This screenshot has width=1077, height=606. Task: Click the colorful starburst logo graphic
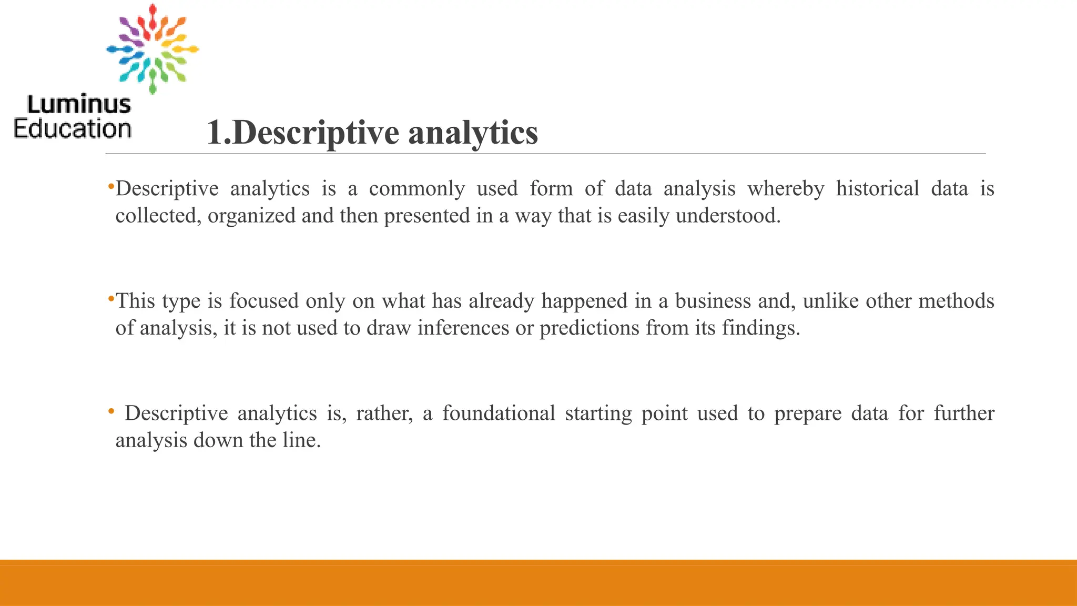coord(153,49)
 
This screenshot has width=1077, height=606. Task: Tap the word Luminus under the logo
coord(79,105)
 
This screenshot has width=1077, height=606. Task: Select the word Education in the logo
coord(73,129)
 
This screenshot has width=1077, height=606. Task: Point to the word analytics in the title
coord(473,133)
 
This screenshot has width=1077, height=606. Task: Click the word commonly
coord(416,189)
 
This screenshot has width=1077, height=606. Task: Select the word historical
coord(877,189)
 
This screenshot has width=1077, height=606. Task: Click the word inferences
coord(463,328)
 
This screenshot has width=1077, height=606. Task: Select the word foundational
coord(498,413)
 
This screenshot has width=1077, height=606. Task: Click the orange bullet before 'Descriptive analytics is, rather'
coord(110,411)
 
